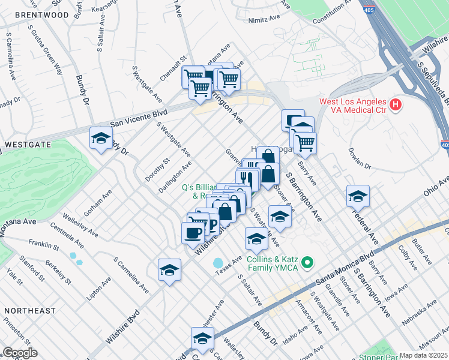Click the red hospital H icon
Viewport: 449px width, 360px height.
(x=395, y=105)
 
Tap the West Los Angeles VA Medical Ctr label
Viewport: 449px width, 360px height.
(x=353, y=105)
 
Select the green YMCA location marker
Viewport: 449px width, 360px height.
(x=307, y=263)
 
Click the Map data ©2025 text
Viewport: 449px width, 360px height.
(x=424, y=355)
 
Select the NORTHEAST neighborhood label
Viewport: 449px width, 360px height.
(x=29, y=311)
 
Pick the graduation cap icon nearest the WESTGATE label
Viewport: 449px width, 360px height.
(x=101, y=137)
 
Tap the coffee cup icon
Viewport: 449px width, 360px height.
(x=193, y=232)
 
